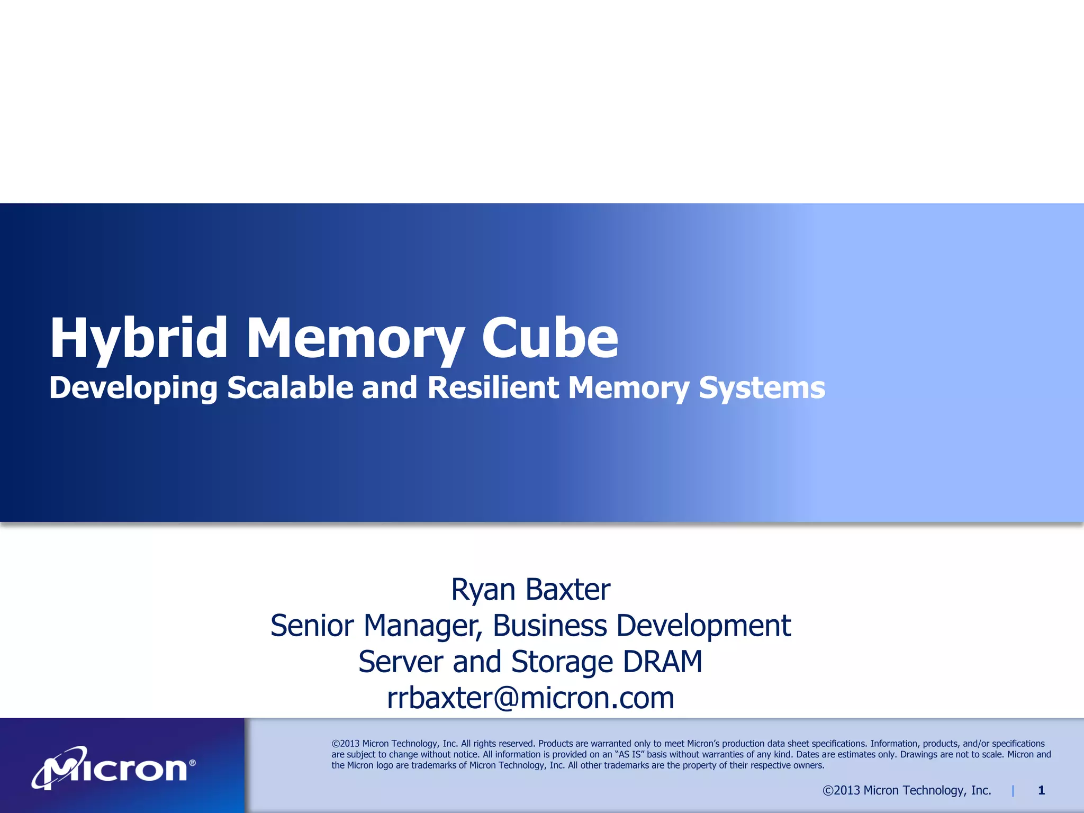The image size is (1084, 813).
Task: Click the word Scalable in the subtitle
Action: pos(290,387)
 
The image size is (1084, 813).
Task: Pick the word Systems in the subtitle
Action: pos(762,389)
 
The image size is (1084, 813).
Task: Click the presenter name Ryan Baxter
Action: pos(530,589)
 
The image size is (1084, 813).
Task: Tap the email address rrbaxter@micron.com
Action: pos(530,698)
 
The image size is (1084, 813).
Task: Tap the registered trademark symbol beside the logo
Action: pos(192,763)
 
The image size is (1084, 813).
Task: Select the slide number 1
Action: pos(1041,790)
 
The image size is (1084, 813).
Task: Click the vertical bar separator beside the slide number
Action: pos(1013,791)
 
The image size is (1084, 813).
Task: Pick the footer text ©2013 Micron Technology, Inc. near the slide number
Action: pos(907,790)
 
